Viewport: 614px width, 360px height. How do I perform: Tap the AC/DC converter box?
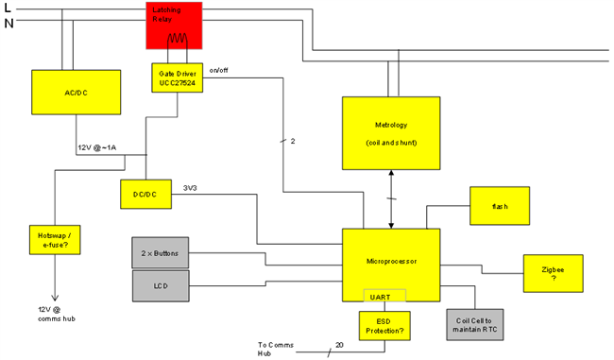(77, 93)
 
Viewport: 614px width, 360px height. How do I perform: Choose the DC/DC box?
(145, 194)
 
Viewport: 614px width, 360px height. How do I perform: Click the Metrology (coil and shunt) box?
(390, 131)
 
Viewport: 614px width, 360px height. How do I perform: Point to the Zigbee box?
(554, 273)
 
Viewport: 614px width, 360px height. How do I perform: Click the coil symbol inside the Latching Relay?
(179, 39)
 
